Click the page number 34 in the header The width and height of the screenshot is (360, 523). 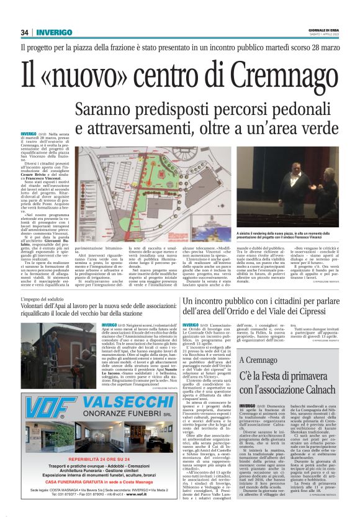[x=25, y=32]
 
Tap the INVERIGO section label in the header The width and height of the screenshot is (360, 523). [x=54, y=32]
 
